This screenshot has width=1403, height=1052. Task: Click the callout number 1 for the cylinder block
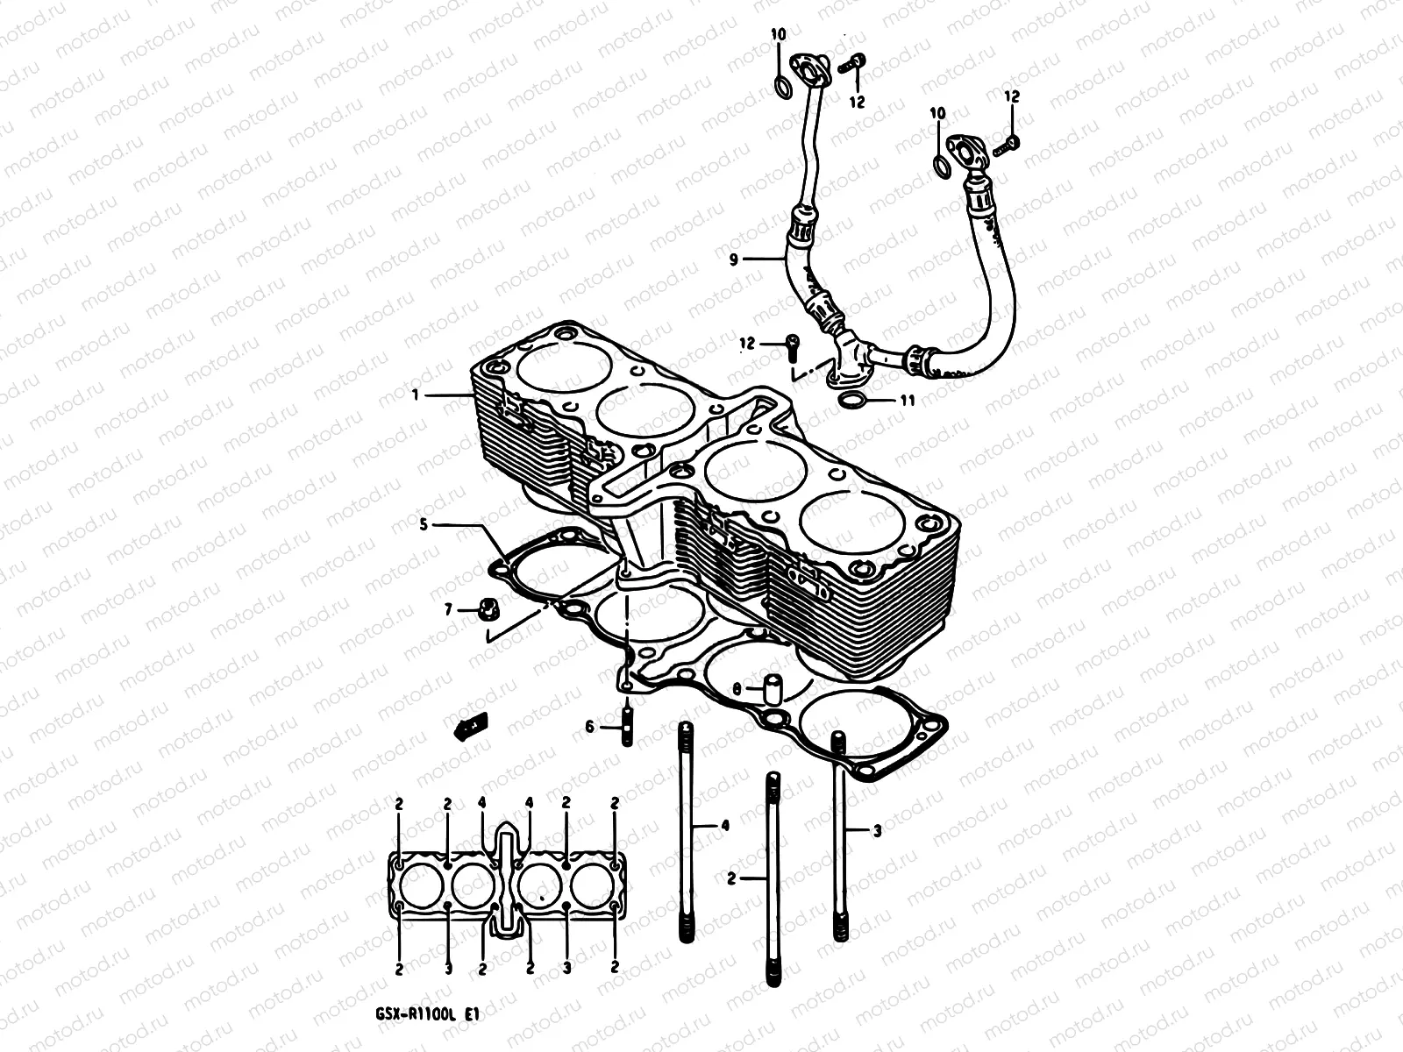point(416,395)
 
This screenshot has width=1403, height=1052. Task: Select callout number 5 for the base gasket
point(424,525)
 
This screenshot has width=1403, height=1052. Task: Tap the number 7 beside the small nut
point(447,609)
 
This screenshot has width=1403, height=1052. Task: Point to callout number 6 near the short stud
point(589,727)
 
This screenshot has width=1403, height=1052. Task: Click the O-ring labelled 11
point(851,402)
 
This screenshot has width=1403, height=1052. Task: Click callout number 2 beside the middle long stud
point(731,877)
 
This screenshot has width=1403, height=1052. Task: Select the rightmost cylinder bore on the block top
point(842,530)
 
